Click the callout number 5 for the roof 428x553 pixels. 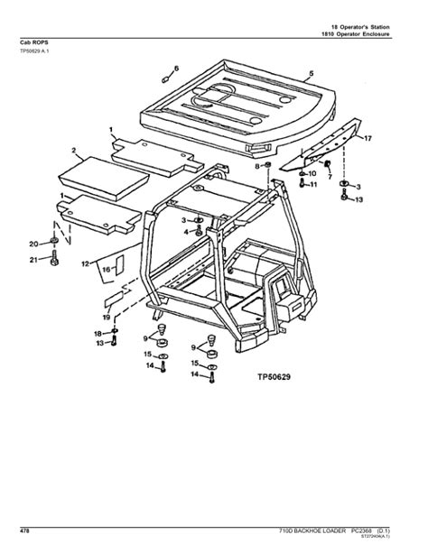pos(311,73)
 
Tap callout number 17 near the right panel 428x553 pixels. pos(368,139)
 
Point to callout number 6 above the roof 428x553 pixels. pos(177,68)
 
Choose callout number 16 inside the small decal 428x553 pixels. pos(105,269)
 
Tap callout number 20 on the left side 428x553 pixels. pos(33,244)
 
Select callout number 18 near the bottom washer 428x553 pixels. pos(99,334)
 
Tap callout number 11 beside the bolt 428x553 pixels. pos(313,184)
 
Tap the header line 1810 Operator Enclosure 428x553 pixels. pos(356,34)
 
